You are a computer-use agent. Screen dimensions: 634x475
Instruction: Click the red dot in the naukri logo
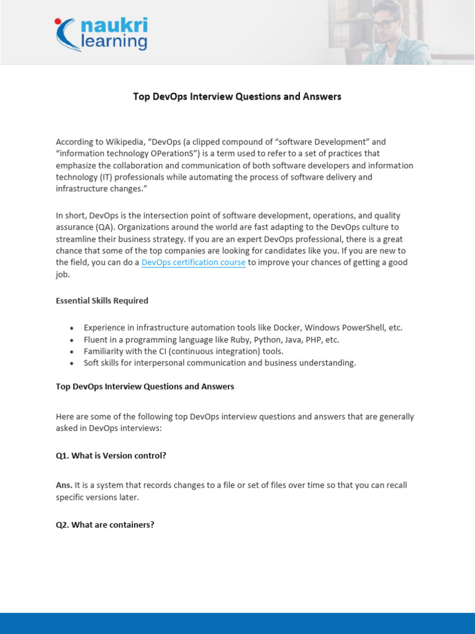click(x=58, y=22)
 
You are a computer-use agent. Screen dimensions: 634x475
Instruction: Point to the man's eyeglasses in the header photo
click(x=385, y=24)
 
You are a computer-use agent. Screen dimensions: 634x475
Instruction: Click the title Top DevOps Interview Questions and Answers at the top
click(x=237, y=97)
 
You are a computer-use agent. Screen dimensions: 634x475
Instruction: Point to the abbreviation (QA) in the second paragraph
click(x=96, y=227)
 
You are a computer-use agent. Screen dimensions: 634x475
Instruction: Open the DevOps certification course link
click(x=194, y=263)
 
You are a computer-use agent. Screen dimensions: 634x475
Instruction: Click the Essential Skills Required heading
click(x=102, y=301)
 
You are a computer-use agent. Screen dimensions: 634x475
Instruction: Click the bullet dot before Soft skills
click(x=72, y=363)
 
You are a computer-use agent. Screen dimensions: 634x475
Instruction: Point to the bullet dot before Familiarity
click(x=72, y=352)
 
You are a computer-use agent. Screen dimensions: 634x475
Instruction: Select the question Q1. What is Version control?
click(x=111, y=456)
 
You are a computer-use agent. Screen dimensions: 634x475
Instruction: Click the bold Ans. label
click(x=64, y=485)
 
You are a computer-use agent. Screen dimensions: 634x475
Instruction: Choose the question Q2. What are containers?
click(x=105, y=525)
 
